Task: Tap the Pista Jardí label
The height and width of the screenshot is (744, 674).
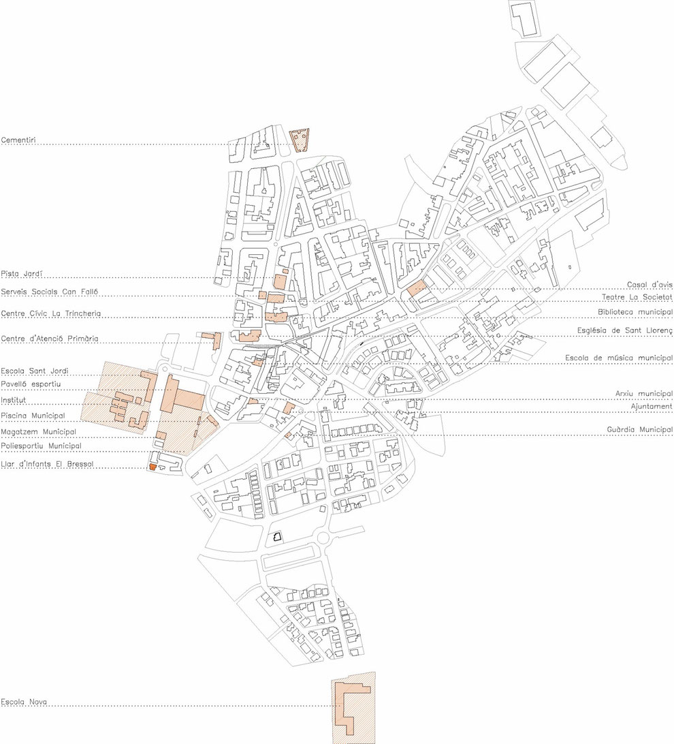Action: tap(22, 274)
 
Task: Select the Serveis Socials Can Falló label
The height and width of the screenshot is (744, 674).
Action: tap(49, 292)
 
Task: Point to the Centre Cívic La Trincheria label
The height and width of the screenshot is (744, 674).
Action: tap(50, 313)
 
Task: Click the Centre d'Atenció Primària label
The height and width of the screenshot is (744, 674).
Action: tap(50, 339)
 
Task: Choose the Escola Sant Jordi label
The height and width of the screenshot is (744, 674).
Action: tap(35, 371)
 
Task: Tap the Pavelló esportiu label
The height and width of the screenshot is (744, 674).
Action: tap(31, 384)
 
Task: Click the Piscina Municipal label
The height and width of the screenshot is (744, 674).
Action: tap(33, 416)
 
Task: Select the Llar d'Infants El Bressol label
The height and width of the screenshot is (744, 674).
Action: tap(48, 463)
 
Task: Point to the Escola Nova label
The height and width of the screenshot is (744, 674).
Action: tap(24, 702)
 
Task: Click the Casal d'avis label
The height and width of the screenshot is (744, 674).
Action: tap(649, 285)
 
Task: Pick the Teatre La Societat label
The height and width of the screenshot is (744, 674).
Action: tap(637, 297)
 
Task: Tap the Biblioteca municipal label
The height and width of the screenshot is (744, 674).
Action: tap(635, 312)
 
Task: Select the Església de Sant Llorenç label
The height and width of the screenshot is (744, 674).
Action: tap(625, 330)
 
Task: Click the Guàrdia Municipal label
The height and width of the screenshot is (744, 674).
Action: tap(640, 429)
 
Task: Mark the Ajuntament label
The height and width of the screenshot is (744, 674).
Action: tap(652, 407)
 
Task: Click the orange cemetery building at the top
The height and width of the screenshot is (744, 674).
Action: tap(299, 140)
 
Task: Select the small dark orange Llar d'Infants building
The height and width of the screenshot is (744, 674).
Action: tap(153, 467)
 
